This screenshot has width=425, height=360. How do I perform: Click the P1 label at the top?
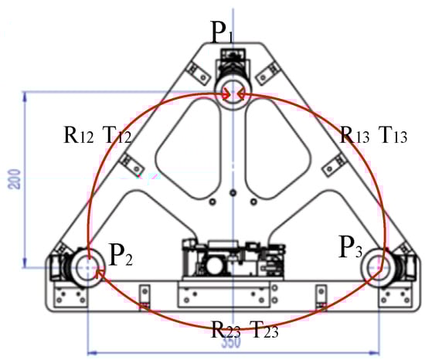coord(222,32)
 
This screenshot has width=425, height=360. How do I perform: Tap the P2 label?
coord(120,255)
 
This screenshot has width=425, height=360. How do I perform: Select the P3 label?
coord(351,246)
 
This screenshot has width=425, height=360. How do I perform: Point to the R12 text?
coord(79,134)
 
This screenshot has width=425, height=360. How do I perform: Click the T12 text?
coord(117,134)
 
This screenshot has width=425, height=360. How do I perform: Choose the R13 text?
coord(355,134)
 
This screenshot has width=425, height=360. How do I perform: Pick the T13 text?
coord(393,134)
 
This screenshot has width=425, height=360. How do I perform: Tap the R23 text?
coord(226,329)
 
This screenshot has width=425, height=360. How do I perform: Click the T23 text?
coord(264,329)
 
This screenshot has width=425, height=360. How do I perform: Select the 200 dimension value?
coord(15,178)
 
